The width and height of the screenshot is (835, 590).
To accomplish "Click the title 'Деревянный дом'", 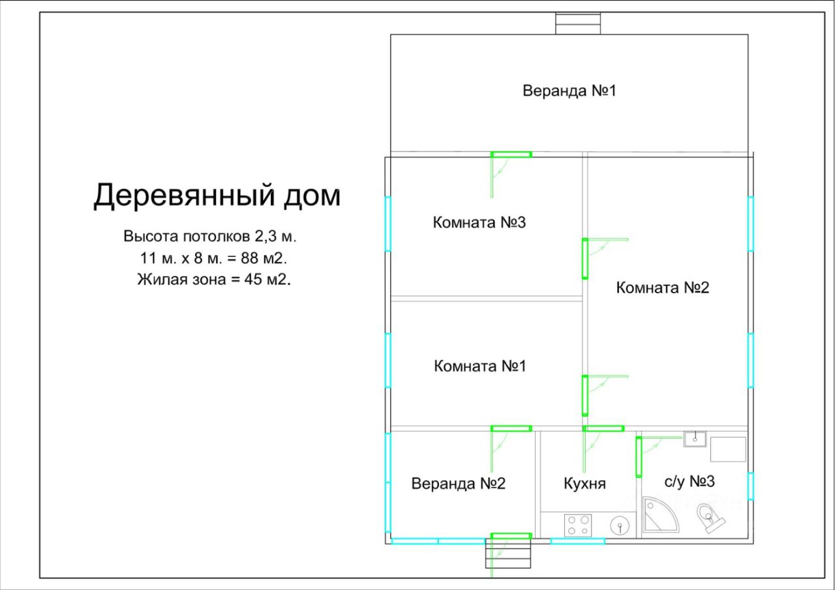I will (217, 196).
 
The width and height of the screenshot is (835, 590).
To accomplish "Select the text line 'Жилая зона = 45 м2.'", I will (213, 280).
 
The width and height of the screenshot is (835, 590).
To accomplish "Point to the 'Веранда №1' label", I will (569, 91).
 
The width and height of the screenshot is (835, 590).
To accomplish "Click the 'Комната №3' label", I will (479, 222).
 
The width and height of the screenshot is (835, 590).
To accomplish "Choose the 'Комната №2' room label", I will (662, 288).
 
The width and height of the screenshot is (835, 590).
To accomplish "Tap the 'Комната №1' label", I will (479, 366).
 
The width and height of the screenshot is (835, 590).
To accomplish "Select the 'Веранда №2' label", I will (458, 484).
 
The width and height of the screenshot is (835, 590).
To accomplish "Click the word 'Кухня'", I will (584, 484).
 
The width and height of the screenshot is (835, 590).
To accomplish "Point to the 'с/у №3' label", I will (690, 482).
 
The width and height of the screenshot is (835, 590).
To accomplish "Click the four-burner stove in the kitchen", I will (578, 525).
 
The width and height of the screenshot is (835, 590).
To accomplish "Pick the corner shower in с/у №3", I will (658, 517).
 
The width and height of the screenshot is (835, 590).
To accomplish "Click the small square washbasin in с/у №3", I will (695, 439).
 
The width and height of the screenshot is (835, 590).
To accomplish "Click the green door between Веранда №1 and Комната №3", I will (511, 155).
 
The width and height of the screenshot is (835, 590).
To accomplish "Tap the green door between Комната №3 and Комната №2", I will (585, 259).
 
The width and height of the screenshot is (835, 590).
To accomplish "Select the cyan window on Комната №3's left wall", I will (387, 224).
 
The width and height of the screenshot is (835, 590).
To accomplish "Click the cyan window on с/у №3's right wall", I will (750, 486).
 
